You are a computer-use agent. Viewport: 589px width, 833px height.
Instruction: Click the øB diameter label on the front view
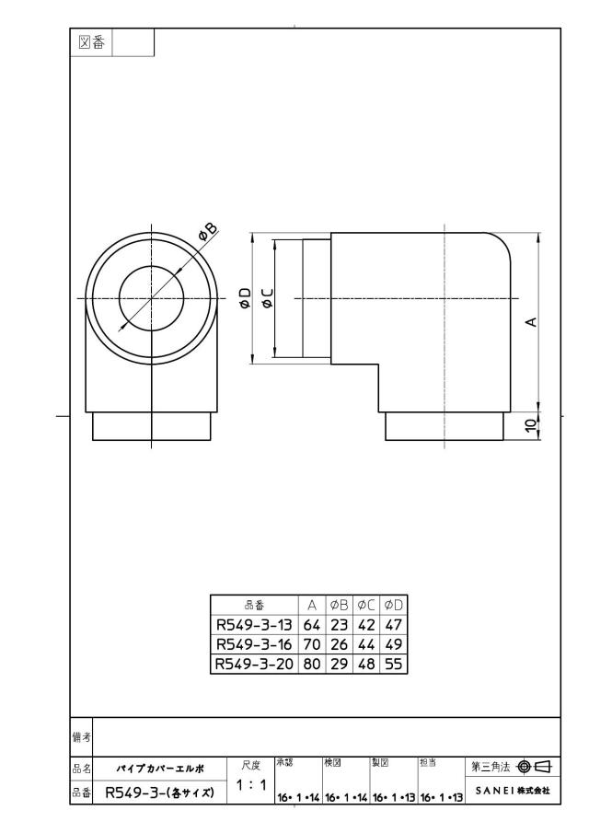(208, 232)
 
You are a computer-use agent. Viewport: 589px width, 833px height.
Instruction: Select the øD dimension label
(245, 298)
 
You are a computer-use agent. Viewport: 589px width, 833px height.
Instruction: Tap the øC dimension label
(267, 298)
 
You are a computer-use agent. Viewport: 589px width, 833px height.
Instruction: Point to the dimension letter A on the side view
(531, 322)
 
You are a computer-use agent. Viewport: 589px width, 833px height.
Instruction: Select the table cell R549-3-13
(254, 625)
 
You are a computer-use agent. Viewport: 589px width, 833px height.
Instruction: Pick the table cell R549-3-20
(254, 664)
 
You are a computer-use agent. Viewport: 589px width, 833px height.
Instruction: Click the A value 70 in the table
(312, 644)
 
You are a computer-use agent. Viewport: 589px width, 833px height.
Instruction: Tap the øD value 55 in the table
(394, 664)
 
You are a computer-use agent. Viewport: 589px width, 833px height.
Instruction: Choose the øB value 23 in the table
(339, 625)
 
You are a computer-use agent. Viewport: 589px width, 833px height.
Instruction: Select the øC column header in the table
(366, 605)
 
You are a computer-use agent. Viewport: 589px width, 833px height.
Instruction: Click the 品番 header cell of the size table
(254, 605)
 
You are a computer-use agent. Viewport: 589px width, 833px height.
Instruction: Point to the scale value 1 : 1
(250, 784)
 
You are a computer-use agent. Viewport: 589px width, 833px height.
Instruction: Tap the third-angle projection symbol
(535, 767)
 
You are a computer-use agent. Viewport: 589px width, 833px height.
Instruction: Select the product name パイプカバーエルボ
(160, 769)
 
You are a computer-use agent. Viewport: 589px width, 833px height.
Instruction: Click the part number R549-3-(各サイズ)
(160, 793)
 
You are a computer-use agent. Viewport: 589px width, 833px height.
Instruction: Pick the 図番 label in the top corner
(91, 42)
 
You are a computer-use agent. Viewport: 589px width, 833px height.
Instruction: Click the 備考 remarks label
(81, 737)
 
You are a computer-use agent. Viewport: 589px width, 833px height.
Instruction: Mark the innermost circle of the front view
(119, 298)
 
